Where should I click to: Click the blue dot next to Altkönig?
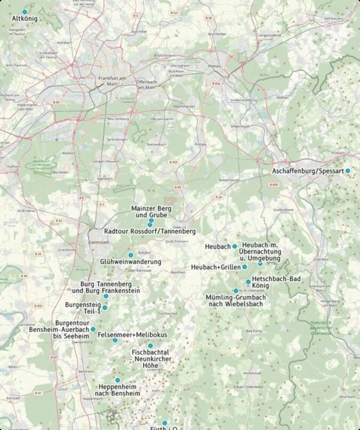(x=25, y=12)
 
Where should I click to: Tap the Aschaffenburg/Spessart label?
(x=308, y=171)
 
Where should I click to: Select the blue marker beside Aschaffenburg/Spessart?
(x=348, y=171)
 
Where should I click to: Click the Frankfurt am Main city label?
(x=112, y=81)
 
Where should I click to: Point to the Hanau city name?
(x=214, y=66)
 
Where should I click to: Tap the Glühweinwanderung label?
(x=130, y=262)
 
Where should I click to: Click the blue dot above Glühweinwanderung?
(x=131, y=255)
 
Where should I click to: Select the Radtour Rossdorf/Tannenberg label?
(x=150, y=231)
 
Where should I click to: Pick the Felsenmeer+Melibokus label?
(x=132, y=335)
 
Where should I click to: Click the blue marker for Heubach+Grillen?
(x=245, y=267)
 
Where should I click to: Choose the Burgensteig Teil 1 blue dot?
(x=105, y=308)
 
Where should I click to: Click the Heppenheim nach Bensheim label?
(x=118, y=390)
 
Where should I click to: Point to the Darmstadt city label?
(x=99, y=242)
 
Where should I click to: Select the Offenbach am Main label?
(x=146, y=85)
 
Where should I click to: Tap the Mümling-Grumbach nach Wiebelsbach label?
(x=235, y=301)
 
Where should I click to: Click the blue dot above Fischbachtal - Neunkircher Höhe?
(x=150, y=346)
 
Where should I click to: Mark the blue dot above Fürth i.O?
(x=165, y=423)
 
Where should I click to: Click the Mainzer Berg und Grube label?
(x=151, y=212)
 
